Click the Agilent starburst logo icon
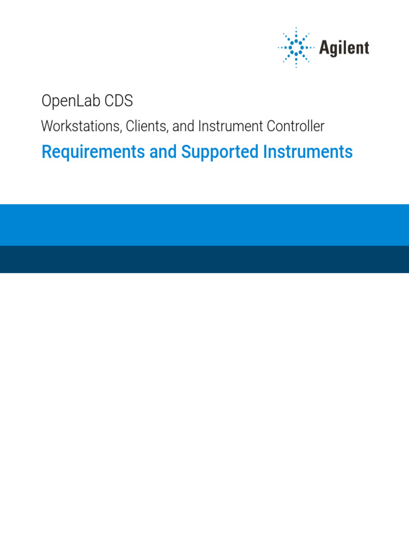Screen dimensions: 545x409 pos(297,48)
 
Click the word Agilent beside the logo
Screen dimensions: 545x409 pos(344,48)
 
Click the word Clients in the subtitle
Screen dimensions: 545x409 pos(147,127)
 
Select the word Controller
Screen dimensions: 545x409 pos(297,127)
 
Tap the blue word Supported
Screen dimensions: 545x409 pos(220,152)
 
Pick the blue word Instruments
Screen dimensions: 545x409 pos(308,152)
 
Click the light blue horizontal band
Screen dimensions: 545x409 pos(204,225)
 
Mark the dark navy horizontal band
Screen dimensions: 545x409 pos(204,259)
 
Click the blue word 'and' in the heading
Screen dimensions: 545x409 pos(163,152)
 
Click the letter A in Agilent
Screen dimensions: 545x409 pos(324,48)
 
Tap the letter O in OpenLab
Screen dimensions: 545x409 pos(47,101)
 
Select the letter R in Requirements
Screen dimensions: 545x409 pos(46,152)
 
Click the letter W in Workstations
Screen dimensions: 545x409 pos(47,127)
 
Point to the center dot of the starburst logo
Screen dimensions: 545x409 pos(297,48)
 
